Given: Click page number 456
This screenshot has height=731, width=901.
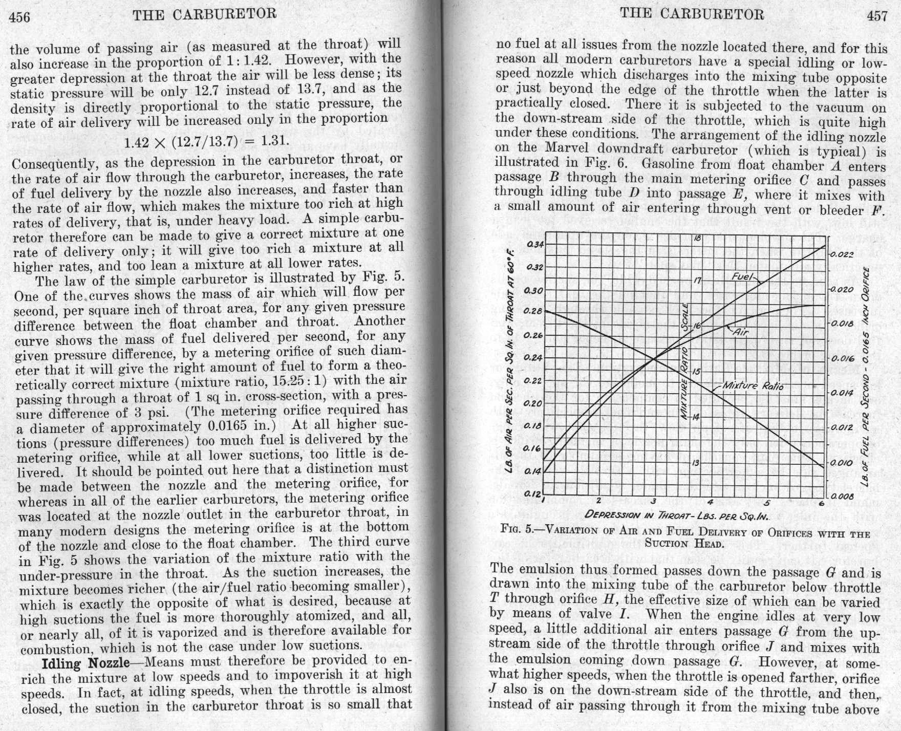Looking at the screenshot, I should [x=20, y=17].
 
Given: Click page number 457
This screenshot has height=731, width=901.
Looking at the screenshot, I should [x=877, y=16].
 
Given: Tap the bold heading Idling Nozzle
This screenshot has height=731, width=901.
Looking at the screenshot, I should [x=85, y=663].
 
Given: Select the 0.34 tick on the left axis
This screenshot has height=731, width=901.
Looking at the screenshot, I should [x=535, y=244].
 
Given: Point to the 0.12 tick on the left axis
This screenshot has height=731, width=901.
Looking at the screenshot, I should [x=533, y=494].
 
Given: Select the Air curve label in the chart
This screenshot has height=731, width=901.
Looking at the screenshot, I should [x=740, y=332].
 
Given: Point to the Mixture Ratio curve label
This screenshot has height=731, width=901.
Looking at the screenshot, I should [x=753, y=385].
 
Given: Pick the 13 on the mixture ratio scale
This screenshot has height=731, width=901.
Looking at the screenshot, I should [x=696, y=463].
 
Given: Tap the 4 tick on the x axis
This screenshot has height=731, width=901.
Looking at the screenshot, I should [x=710, y=501].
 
